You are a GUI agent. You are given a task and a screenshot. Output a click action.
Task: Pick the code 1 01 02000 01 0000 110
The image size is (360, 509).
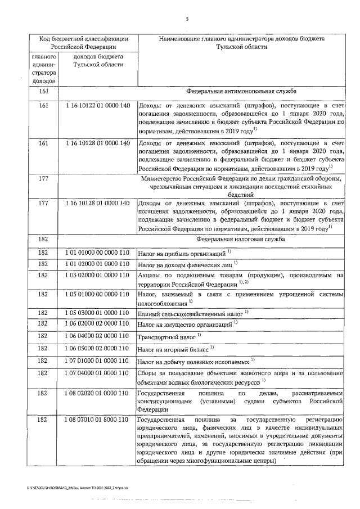point(97,264)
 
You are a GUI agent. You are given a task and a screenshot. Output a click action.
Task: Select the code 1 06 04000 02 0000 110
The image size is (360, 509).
point(97,336)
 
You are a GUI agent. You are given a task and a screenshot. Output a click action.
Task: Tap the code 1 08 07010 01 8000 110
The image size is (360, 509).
point(97,420)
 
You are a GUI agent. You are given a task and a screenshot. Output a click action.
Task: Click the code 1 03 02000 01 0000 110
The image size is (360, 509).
point(97,275)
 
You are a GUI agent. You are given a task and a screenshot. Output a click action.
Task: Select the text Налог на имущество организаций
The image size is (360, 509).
point(185,325)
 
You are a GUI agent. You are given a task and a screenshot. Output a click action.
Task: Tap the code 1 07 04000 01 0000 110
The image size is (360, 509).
point(97,373)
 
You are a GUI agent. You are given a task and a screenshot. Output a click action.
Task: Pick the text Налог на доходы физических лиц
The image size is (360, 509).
point(185,264)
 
